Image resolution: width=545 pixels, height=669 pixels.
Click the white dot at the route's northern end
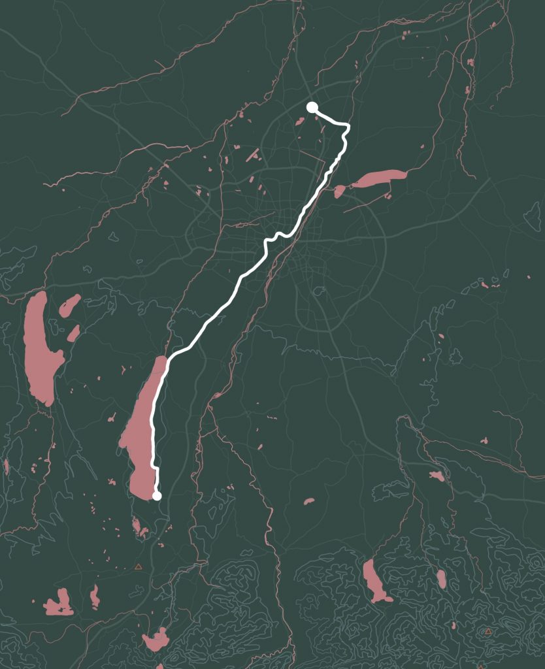(312, 107)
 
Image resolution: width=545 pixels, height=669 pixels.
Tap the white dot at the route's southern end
(157, 496)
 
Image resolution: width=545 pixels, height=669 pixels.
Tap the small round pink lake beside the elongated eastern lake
(339, 191)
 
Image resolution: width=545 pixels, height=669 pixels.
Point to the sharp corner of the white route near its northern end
(348, 125)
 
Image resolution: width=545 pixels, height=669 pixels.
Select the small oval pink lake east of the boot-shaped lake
(441, 578)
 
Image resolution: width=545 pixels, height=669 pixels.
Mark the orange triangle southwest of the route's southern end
(138, 567)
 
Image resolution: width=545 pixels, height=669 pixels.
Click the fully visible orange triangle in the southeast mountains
(487, 632)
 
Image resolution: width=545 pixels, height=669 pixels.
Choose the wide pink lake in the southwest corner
(59, 605)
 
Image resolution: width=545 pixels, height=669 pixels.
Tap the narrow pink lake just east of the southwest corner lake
(95, 596)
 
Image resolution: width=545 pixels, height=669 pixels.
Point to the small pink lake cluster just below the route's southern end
(139, 527)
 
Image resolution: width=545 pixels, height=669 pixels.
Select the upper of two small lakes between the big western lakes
(69, 304)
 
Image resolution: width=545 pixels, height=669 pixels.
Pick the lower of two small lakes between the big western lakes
(73, 334)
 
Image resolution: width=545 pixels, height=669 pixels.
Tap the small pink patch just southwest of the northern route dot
(300, 121)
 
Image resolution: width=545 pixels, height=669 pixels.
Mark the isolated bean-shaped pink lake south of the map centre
(309, 502)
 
